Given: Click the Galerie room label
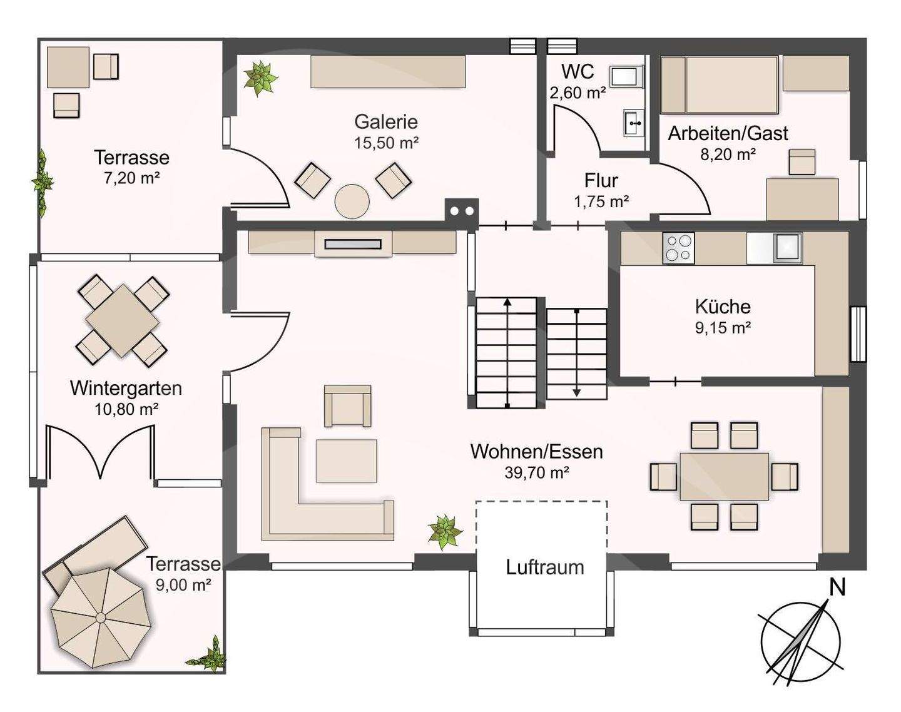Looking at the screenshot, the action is tap(386, 122).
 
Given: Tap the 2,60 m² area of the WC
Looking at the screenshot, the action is tap(578, 93).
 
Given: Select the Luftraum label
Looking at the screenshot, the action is tap(545, 567).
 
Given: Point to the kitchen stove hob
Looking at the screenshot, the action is tap(678, 248).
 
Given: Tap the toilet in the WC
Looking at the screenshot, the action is tap(626, 77).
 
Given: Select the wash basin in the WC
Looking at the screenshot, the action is tap(634, 123).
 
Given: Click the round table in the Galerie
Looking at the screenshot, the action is tap(352, 201).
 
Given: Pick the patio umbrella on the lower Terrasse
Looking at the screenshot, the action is tap(101, 618).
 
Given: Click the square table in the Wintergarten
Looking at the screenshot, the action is tap(122, 321).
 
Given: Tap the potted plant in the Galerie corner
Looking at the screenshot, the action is tap(260, 78).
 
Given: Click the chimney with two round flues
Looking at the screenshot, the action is tap(461, 211).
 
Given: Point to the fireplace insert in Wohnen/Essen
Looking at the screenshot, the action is tap(353, 244).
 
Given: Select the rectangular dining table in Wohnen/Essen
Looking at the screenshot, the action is tap(724, 476).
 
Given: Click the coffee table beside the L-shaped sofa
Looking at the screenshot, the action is tap(346, 460).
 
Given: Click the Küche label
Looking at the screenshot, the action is tap(723, 307).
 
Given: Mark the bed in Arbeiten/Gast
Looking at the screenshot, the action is tap(720, 85).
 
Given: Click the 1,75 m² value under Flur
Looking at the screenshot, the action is tap(601, 202).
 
